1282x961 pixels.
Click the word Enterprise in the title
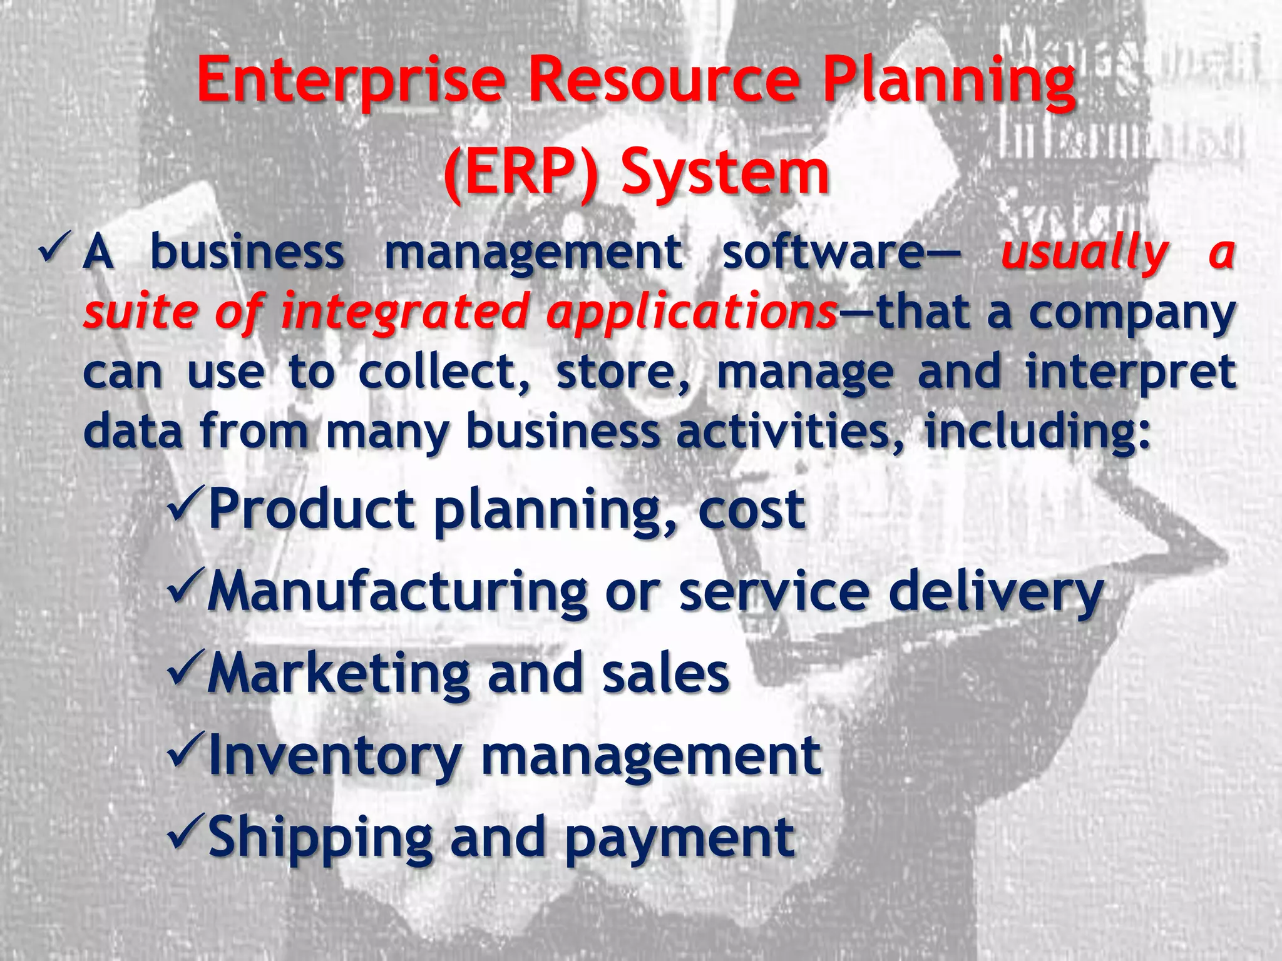point(351,80)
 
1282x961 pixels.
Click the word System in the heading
point(725,173)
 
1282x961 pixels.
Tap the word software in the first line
point(821,252)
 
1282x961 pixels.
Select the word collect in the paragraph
point(443,372)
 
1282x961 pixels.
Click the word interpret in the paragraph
point(1131,373)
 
